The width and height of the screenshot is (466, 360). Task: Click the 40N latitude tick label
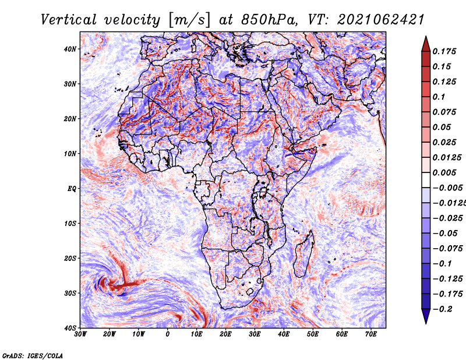coord(70,49)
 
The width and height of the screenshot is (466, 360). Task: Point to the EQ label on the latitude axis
coord(72,189)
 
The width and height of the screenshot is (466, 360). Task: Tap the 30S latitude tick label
coord(70,293)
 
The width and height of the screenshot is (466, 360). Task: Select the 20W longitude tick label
coord(109,334)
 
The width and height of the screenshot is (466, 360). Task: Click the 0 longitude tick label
coord(168,334)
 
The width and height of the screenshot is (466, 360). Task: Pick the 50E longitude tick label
coord(313,334)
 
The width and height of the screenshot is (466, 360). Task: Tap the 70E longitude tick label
coord(370,334)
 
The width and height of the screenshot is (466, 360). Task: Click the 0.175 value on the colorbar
coord(444,51)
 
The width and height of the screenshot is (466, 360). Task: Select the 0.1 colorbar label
coord(439,97)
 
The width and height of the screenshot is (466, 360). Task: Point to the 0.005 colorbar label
coord(444,172)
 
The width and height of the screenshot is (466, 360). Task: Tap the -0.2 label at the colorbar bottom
coord(442,309)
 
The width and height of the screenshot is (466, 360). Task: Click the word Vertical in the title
coord(69,20)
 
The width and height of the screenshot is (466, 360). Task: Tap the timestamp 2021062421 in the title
coord(380,20)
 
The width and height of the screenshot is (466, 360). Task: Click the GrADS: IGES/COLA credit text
coord(33,356)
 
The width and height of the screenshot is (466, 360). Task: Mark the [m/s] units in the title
coord(190,20)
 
